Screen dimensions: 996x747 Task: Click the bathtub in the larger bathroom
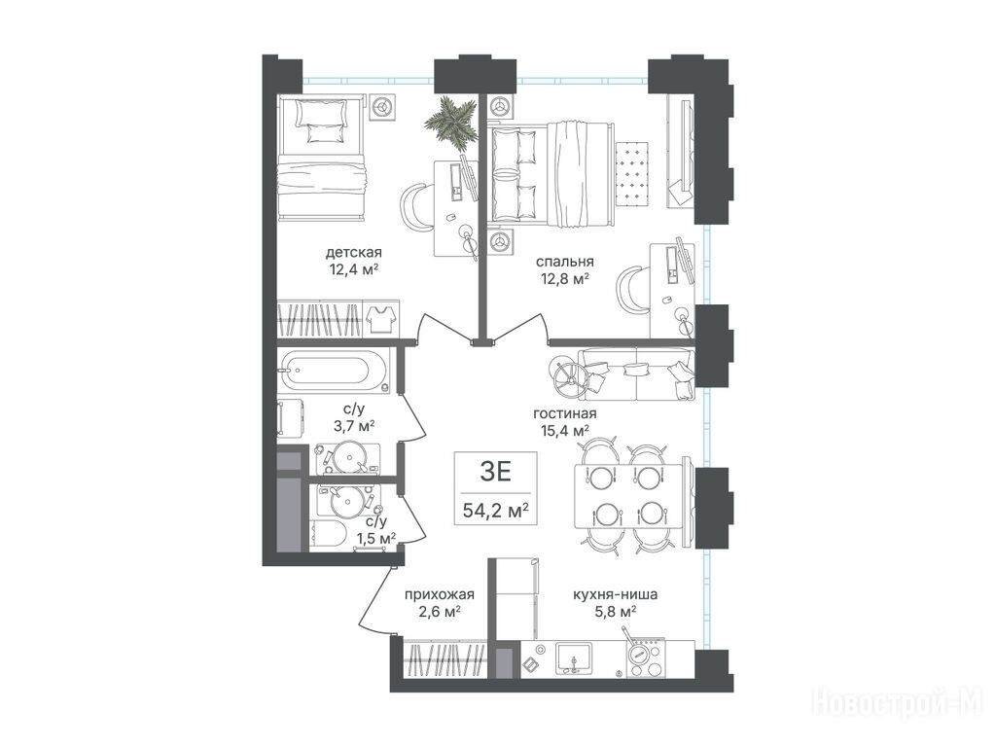pyautogui.click(x=325, y=371)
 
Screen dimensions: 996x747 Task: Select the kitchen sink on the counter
pyautogui.click(x=574, y=658)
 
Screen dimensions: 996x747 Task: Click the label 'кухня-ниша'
pyautogui.click(x=615, y=595)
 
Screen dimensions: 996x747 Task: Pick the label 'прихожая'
pyautogui.click(x=440, y=595)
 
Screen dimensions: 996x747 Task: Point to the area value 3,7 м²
pyautogui.click(x=354, y=426)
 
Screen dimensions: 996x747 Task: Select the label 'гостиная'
pyautogui.click(x=565, y=414)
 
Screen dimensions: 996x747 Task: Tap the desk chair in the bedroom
pyautogui.click(x=631, y=290)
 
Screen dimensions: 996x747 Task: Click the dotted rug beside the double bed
pyautogui.click(x=632, y=174)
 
